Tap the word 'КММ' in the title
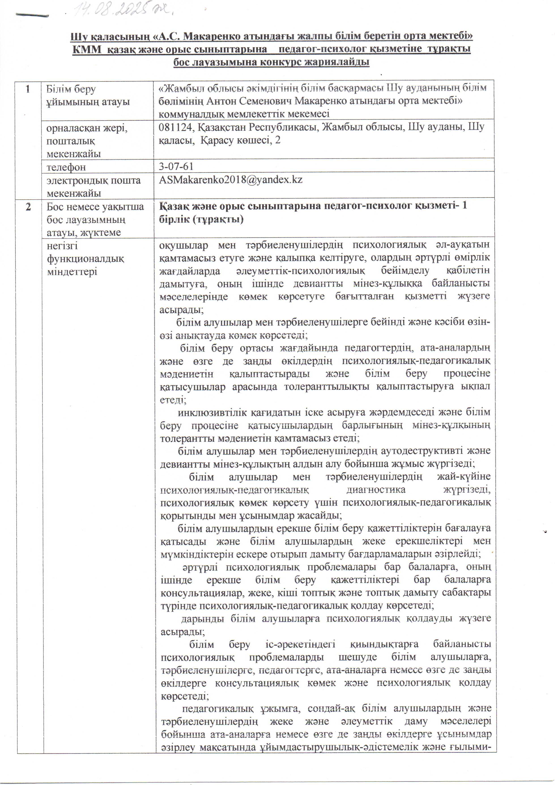click(87, 49)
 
